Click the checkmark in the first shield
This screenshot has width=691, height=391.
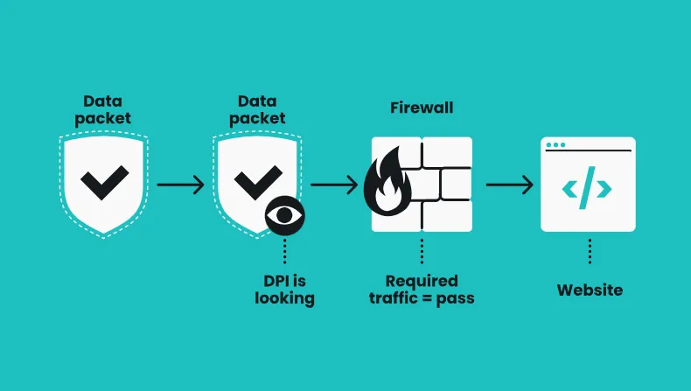tap(103, 181)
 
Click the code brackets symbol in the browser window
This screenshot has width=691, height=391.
tap(587, 188)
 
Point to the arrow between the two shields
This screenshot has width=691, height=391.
tap(180, 185)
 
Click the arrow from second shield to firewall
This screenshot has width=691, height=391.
tap(334, 185)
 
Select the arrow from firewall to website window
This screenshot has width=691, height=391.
tap(510, 185)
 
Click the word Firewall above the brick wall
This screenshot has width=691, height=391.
tap(422, 108)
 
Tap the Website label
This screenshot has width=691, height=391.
tap(590, 290)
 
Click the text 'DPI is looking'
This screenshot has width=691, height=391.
tap(284, 290)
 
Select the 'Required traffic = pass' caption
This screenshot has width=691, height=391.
tap(422, 290)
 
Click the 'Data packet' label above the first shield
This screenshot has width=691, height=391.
tap(103, 110)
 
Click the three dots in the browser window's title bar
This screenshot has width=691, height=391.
tap(555, 144)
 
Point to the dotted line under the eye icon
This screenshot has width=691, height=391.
tap(284, 252)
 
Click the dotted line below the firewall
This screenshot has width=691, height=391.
tap(422, 250)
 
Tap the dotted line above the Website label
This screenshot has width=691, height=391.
tap(590, 250)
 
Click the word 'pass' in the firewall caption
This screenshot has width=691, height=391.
tap(458, 298)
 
